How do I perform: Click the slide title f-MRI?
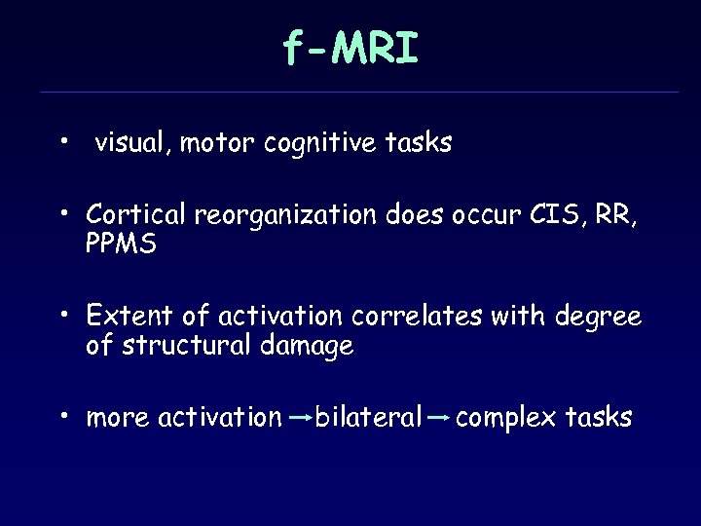coord(350,48)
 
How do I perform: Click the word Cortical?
coord(136,213)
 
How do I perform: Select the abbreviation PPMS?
coord(121,244)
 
